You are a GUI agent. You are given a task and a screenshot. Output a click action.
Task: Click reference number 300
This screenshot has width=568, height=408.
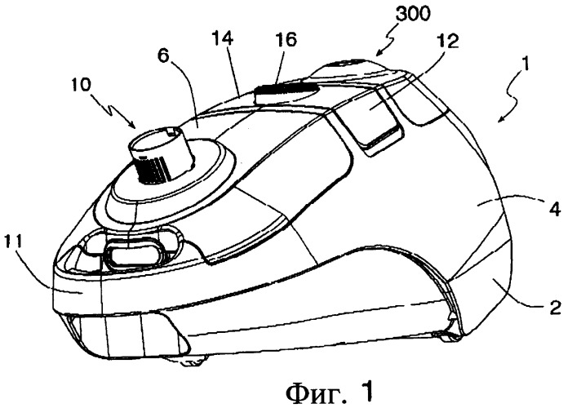(413, 14)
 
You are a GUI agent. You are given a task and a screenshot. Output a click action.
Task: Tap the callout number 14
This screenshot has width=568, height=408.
(223, 38)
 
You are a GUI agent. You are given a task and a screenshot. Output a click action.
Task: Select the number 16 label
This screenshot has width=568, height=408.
(285, 39)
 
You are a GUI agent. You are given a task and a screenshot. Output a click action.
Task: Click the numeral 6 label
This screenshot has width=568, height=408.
(165, 56)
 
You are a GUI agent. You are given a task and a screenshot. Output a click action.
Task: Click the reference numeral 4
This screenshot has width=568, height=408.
(556, 211)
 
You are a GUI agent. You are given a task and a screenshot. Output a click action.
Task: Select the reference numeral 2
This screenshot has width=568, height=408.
(556, 308)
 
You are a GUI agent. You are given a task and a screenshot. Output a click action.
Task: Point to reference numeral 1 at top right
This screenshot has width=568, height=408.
(525, 65)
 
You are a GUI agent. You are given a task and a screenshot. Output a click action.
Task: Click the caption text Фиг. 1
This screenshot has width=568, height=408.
(329, 391)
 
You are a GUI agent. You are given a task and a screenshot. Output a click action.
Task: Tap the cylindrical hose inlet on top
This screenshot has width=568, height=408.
(161, 153)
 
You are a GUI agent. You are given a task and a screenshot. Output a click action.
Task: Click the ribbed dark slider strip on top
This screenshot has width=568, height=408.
(286, 88)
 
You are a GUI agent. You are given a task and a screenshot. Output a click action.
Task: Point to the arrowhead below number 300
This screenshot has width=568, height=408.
(377, 54)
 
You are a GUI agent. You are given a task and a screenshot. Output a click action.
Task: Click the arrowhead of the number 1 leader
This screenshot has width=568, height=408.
(500, 119)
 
